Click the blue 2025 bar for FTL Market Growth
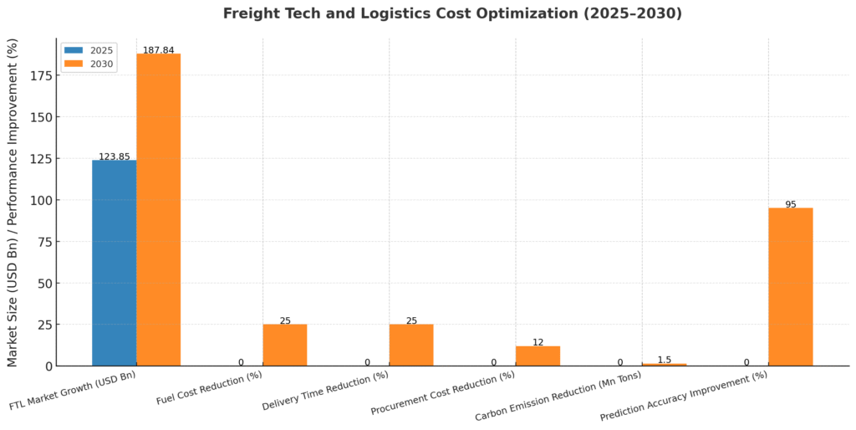(114, 263)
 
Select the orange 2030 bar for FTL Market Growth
(158, 209)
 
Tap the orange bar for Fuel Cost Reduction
(284, 345)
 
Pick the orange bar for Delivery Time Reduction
(410, 345)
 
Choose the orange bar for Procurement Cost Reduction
(538, 356)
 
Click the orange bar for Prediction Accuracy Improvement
(790, 286)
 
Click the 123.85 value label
(115, 156)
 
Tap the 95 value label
(790, 204)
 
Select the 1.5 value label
(664, 360)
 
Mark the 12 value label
(538, 342)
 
